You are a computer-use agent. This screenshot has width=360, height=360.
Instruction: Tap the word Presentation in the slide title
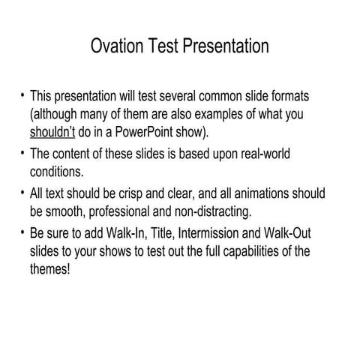coord(221,46)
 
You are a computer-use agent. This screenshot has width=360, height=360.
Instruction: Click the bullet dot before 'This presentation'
coord(22,97)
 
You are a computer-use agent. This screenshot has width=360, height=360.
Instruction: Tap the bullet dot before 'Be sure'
coord(22,231)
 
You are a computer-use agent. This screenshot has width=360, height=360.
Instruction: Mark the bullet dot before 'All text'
coord(22,192)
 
